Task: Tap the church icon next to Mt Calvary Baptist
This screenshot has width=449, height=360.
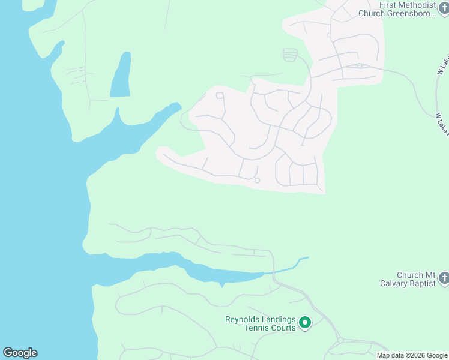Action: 443,278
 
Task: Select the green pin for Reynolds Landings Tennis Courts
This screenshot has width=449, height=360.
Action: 304,323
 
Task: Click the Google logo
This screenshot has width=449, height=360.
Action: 20,353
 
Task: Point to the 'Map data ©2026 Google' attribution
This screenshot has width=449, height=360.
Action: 412,355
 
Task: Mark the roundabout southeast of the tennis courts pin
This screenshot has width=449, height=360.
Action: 340,340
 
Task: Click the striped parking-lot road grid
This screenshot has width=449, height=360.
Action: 290,55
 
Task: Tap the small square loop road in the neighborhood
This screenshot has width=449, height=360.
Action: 220,95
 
